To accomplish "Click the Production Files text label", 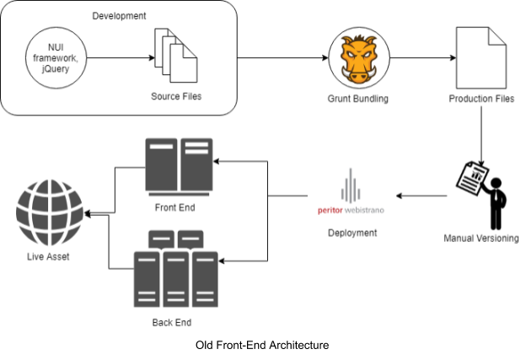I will tap(481, 99).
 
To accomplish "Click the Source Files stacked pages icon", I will tap(175, 56).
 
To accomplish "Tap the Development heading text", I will tap(118, 15).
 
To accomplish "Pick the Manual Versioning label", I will tap(481, 239).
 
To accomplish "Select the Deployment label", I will tap(352, 233).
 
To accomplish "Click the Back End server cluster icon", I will tap(176, 270).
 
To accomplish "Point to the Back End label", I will tap(176, 322).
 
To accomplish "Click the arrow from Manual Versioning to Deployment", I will tap(421, 197).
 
